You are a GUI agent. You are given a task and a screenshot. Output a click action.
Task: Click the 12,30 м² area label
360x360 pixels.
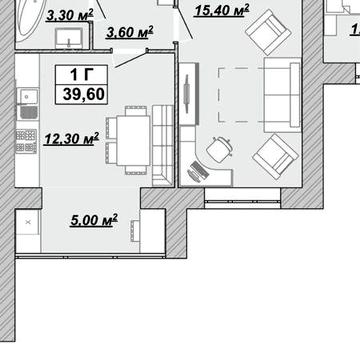pyautogui.click(x=71, y=139)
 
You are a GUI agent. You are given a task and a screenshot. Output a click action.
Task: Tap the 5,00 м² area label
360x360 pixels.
pyautogui.click(x=94, y=220)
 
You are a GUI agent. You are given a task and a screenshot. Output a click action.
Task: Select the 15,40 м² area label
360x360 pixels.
pyautogui.click(x=221, y=10)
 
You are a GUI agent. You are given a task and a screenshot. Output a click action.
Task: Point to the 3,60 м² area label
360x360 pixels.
pyautogui.click(x=130, y=32)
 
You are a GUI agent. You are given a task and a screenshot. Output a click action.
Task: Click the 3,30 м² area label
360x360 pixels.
pyautogui.click(x=70, y=15)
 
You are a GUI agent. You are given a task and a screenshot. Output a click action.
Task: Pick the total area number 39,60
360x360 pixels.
pyautogui.click(x=84, y=95)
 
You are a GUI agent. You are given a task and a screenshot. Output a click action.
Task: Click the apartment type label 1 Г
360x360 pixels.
pyautogui.click(x=81, y=75)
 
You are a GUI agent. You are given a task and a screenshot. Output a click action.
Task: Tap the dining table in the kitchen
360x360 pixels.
pyautogui.click(x=133, y=140)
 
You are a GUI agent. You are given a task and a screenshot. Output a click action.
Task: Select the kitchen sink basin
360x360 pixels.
pyautogui.click(x=29, y=96)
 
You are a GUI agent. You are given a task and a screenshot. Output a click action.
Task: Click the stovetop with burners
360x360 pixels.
pyautogui.click(x=26, y=141)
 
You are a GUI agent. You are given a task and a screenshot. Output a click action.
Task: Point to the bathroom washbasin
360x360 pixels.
pyautogui.click(x=69, y=38)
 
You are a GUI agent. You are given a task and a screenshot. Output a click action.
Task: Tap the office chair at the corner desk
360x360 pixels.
pyautogui.click(x=219, y=150)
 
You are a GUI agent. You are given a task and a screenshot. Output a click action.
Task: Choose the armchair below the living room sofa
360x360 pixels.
pyautogui.click(x=275, y=157)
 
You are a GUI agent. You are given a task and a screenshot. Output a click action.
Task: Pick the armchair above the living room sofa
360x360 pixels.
pyautogui.click(x=268, y=32)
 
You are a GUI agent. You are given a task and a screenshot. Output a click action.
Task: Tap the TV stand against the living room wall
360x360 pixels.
pyautogui.click(x=189, y=94)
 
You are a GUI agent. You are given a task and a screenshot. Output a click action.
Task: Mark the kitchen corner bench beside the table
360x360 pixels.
pyautogui.click(x=163, y=145)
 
